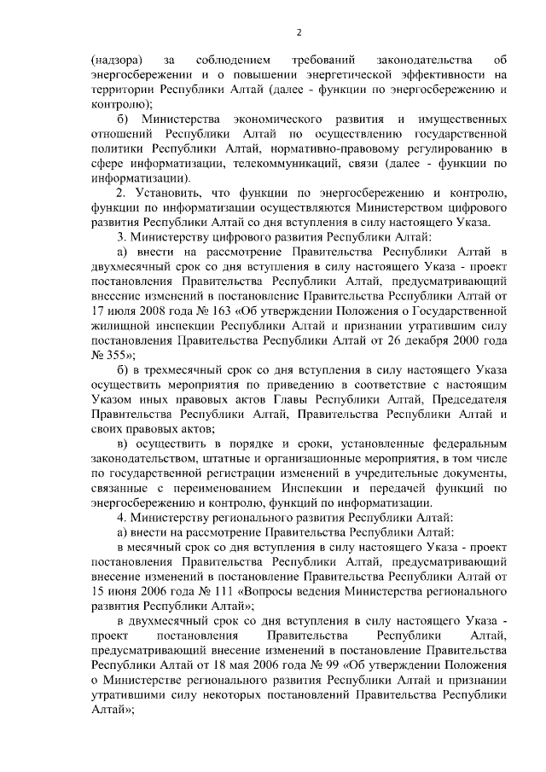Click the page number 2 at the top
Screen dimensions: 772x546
coord(299,33)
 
